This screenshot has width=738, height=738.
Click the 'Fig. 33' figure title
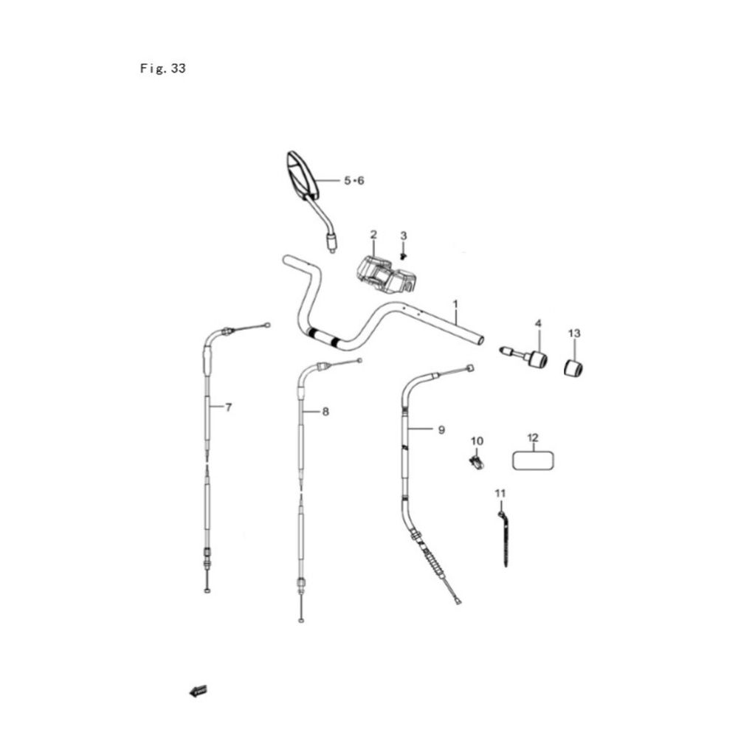coord(163,69)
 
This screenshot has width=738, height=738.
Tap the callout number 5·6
coord(354,181)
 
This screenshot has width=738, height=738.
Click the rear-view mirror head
coord(302,173)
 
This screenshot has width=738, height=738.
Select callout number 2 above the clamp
coord(373,235)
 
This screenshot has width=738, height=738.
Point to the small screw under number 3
coord(404,256)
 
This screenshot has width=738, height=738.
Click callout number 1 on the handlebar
coord(455,304)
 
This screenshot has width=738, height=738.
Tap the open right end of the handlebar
coord(480,339)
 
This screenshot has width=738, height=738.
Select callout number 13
coord(574,334)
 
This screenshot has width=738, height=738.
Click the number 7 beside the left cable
coord(228,407)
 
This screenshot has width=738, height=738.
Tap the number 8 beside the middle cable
coord(325,413)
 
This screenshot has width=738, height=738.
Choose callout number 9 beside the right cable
coord(441,430)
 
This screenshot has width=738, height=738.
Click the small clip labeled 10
coord(477,462)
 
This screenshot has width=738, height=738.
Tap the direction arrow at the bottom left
coord(198,692)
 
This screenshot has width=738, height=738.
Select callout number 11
coord(500,493)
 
